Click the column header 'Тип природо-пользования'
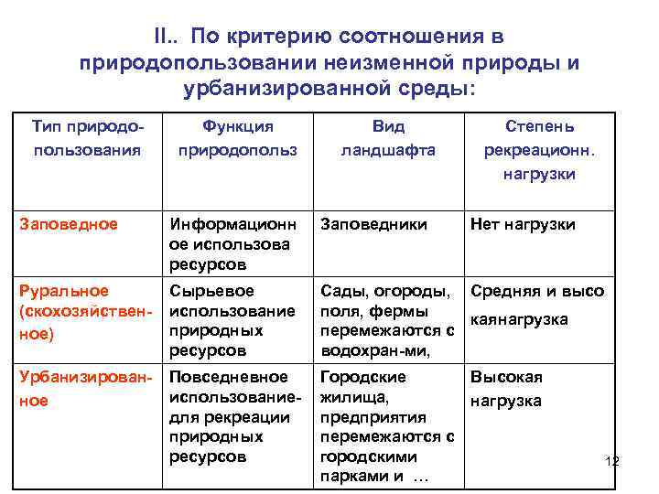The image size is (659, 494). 87,138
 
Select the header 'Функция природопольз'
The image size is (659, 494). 238,138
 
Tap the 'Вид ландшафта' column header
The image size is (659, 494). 389,138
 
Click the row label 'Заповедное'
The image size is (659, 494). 70,224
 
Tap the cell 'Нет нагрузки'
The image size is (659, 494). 523,224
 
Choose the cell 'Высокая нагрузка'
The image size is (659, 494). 507,389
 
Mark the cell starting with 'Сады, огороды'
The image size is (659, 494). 386,320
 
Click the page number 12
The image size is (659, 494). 611,460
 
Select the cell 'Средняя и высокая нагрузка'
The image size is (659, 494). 537,306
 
